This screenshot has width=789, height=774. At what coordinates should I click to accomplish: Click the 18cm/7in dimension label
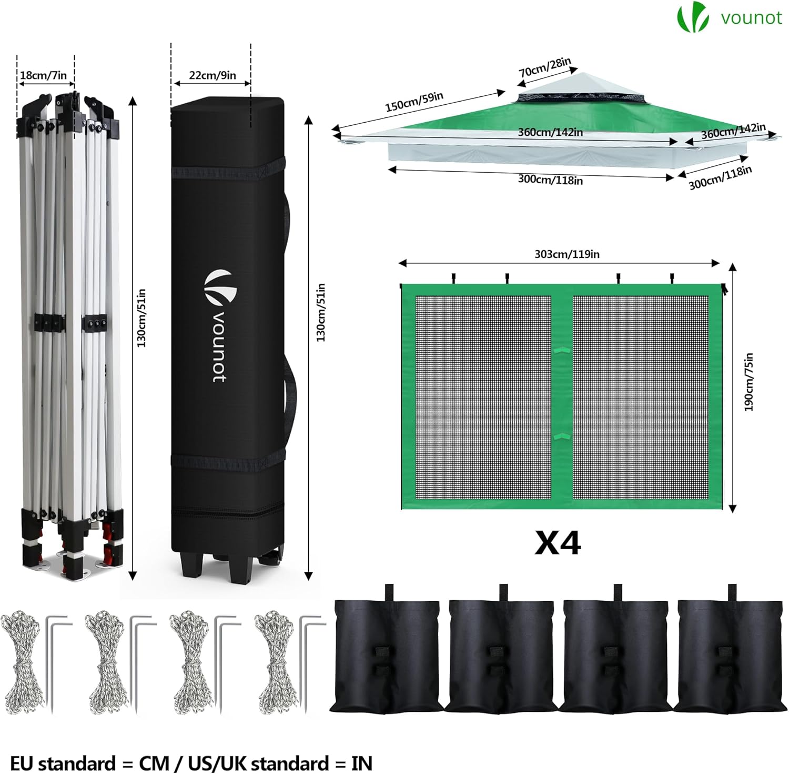coord(44,75)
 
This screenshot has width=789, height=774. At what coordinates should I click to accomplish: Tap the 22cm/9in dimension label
coord(213,75)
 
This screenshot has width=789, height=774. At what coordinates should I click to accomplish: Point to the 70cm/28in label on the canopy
coord(545,67)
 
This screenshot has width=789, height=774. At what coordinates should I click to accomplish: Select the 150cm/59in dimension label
coord(414,102)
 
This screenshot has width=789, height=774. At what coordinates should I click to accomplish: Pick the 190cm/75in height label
coord(749,382)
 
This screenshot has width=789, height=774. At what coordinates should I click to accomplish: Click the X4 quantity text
coord(558,543)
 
